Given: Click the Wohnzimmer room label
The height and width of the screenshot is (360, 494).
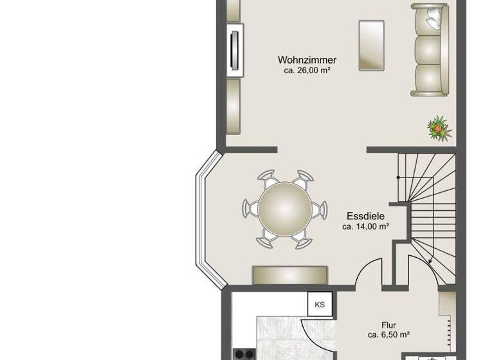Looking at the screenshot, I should click(307, 60).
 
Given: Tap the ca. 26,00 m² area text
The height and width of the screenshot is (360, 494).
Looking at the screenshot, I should click(307, 70).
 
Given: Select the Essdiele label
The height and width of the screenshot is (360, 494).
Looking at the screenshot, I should click(365, 216).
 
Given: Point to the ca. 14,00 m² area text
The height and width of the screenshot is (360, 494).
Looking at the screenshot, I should click(365, 226).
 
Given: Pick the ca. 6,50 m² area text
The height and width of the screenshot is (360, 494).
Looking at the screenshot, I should click(389, 334).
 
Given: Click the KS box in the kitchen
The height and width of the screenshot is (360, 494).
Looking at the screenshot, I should click(320, 304).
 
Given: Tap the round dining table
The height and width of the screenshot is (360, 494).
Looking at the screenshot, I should click(284, 209).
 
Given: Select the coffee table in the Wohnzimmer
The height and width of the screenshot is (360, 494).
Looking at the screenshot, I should click(372, 44).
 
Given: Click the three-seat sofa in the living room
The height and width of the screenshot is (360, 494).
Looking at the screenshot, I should click(430, 50).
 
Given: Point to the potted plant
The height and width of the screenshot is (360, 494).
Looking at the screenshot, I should click(439, 128).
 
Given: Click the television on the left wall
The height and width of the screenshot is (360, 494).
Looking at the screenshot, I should click(235, 50).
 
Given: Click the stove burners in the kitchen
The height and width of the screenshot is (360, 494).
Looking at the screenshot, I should click(244, 354).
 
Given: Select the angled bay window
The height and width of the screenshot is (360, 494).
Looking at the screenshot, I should click(206, 219).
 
